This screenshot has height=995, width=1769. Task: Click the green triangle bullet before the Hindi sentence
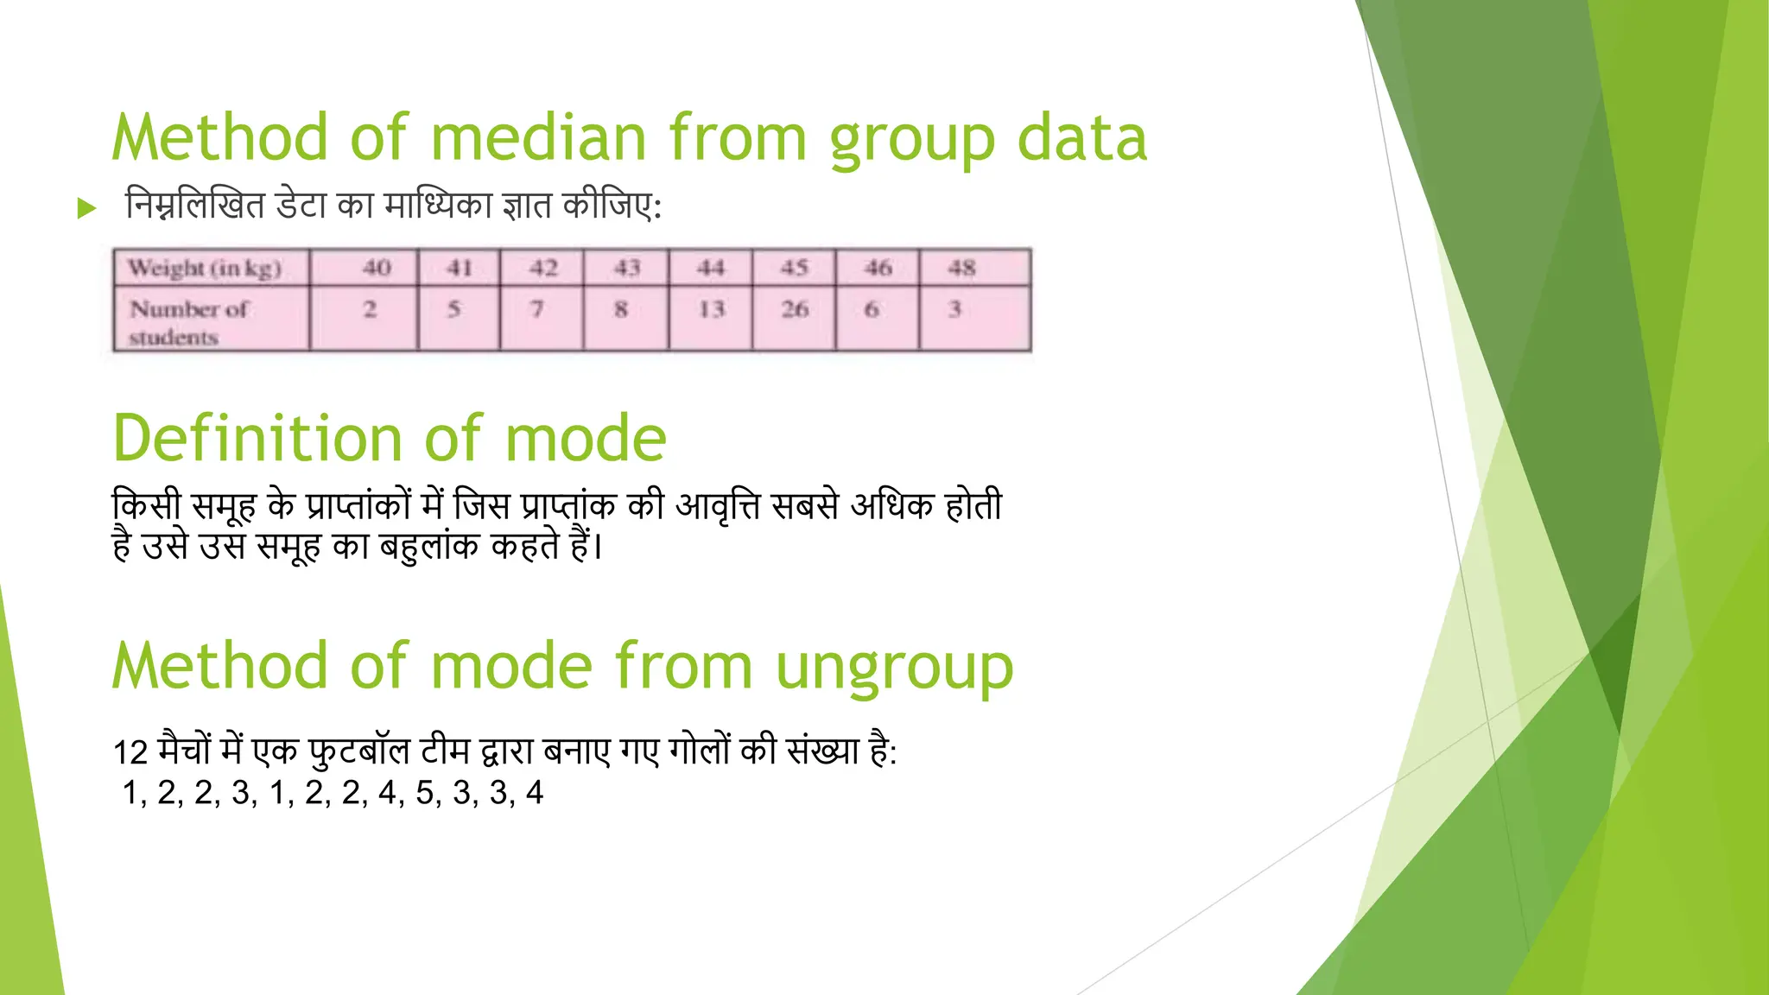tap(86, 208)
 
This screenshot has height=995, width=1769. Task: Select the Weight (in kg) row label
tap(205, 269)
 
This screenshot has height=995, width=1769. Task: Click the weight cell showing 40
tap(377, 268)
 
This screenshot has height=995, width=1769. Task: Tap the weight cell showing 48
tap(961, 268)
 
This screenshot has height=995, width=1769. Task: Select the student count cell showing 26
tap(795, 309)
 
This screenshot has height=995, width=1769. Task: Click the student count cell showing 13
tap(711, 309)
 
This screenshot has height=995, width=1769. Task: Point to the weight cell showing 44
tap(711, 268)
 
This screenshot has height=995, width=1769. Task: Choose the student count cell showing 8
tap(621, 309)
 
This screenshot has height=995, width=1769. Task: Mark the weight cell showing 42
tap(543, 268)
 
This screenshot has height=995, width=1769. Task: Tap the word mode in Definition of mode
tap(585, 439)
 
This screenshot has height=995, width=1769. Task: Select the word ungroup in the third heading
tap(894, 668)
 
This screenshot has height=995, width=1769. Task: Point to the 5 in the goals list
tap(423, 793)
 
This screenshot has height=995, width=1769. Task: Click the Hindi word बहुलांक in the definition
tap(428, 547)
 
